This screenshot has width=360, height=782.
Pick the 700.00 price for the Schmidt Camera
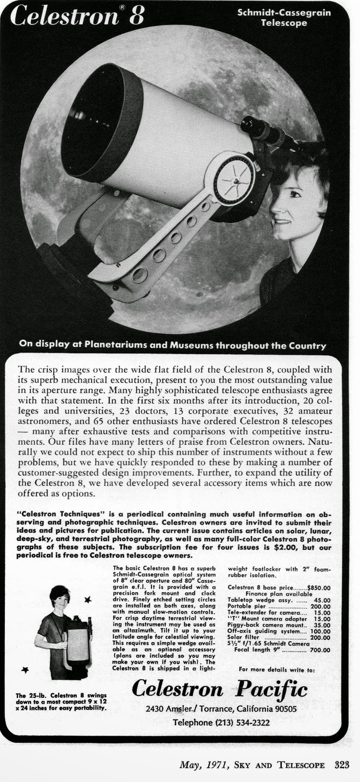pos(319,650)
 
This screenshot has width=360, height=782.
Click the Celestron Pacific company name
pos(220,689)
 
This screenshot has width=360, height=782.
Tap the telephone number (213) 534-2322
pos(221,722)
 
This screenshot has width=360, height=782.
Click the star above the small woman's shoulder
pos(88,599)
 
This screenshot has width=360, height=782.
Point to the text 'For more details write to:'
pos(277,670)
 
